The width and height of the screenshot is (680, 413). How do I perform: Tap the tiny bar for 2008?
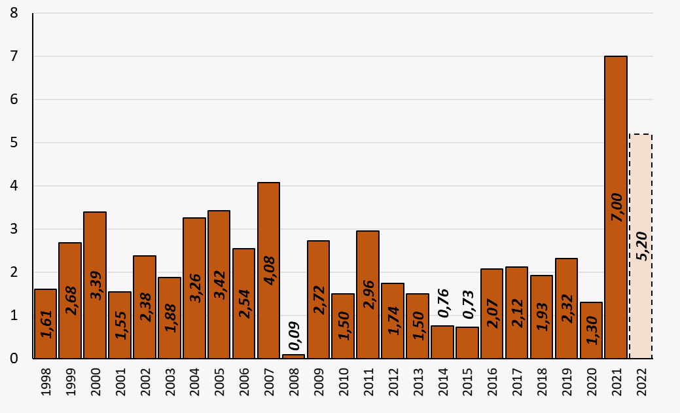293,356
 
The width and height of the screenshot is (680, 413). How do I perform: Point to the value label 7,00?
616,206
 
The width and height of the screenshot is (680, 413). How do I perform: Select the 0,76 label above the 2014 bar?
442,303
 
